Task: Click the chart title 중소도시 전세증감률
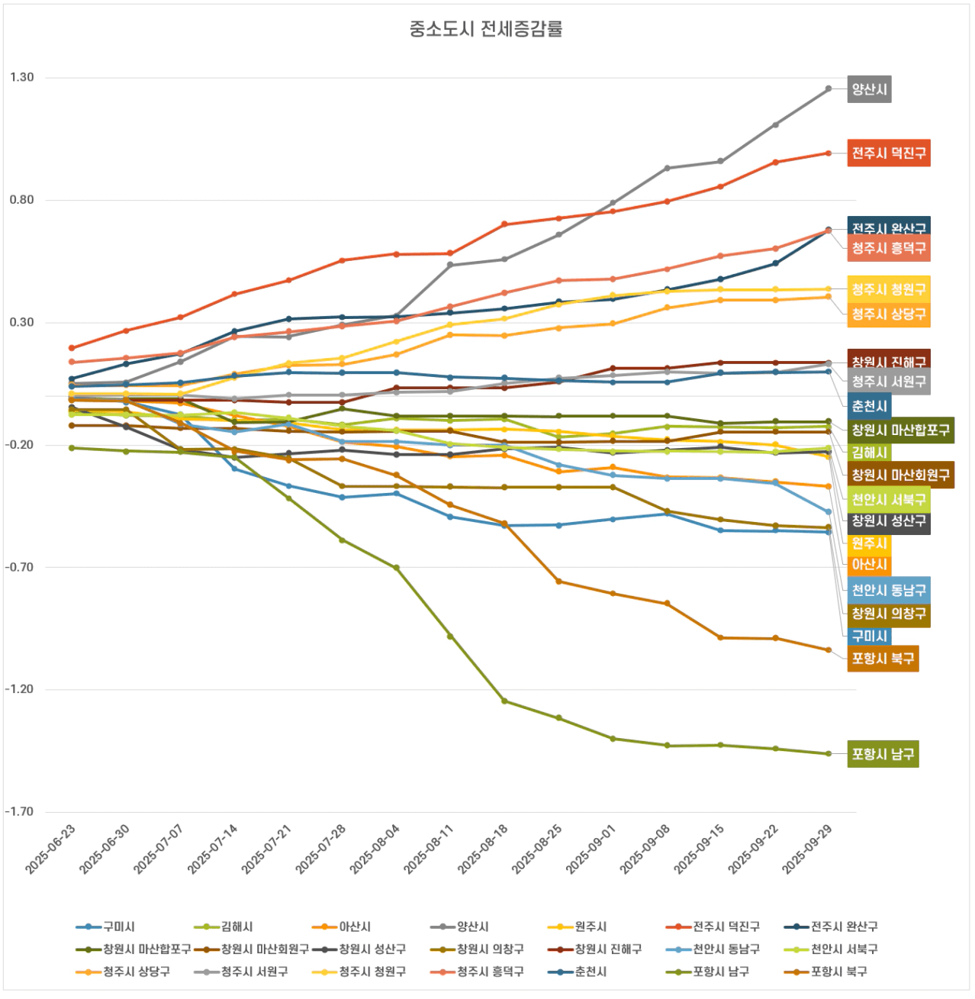(486, 29)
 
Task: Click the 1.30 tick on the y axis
(22, 77)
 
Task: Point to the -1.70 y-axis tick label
(20, 811)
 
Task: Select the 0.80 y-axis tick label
(22, 200)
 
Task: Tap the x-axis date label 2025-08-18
(484, 849)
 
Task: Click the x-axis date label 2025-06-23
(51, 849)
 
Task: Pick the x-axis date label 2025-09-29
(808, 849)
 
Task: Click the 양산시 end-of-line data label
(869, 89)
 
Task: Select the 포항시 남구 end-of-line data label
(883, 754)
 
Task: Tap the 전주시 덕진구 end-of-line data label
(889, 153)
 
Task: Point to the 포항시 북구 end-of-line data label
(883, 659)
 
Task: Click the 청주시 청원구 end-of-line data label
(889, 289)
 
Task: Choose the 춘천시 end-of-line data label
(869, 406)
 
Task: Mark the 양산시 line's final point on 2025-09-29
(829, 89)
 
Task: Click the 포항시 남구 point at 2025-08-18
(504, 701)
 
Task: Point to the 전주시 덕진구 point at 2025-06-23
(72, 348)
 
